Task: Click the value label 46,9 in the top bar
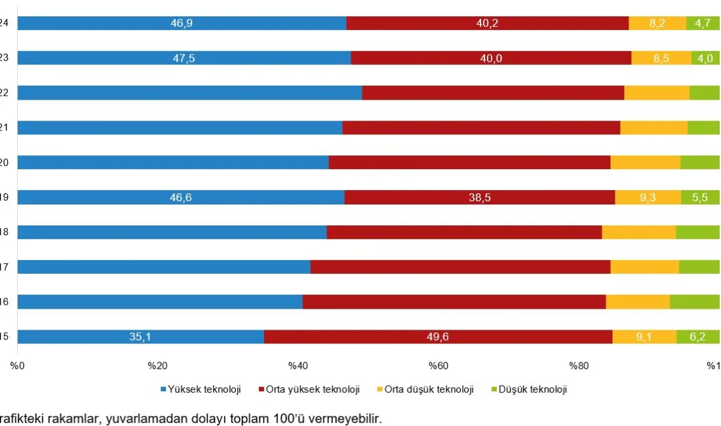pyautogui.click(x=182, y=24)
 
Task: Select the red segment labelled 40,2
pyautogui.click(x=487, y=24)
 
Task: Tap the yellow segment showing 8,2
pyautogui.click(x=657, y=24)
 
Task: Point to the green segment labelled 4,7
pyautogui.click(x=703, y=24)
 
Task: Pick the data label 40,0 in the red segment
pyautogui.click(x=491, y=58)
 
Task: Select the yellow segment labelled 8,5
pyautogui.click(x=661, y=58)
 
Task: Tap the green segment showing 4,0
pyautogui.click(x=705, y=58)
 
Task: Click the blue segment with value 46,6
pyautogui.click(x=180, y=198)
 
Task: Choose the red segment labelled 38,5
pyautogui.click(x=480, y=198)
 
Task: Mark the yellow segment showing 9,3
pyautogui.click(x=648, y=198)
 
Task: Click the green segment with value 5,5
pyautogui.click(x=700, y=198)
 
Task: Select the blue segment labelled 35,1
pyautogui.click(x=140, y=337)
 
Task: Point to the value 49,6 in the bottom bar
pyautogui.click(x=437, y=337)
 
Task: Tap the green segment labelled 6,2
pyautogui.click(x=697, y=337)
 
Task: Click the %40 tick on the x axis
pyautogui.click(x=298, y=366)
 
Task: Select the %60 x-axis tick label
pyautogui.click(x=438, y=366)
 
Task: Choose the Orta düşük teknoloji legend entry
pyautogui.click(x=429, y=389)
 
